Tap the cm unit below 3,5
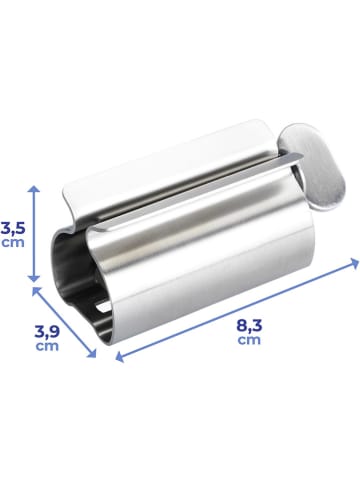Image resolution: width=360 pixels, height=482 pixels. click(12, 241)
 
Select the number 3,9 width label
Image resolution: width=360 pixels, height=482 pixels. click(46, 329)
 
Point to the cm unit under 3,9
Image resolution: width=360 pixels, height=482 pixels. click(46, 345)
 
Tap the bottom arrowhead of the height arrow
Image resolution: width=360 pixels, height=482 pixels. click(37, 278)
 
